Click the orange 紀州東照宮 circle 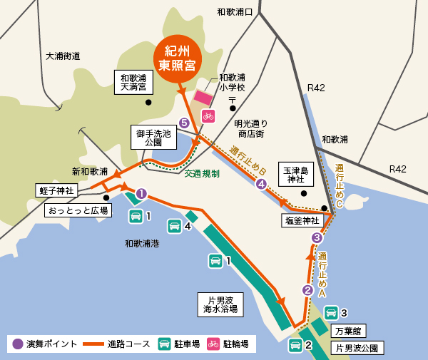click(x=178, y=60)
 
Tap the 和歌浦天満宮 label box click(x=133, y=83)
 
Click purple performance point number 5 click(x=185, y=123)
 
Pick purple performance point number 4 click(x=262, y=184)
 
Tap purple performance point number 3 click(x=317, y=238)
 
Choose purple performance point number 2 click(x=307, y=290)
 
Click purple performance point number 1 click(x=141, y=193)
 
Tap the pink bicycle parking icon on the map click(x=208, y=115)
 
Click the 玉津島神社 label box click(x=296, y=175)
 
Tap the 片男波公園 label click(x=359, y=348)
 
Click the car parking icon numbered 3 click(x=331, y=313)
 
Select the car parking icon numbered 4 click(x=174, y=227)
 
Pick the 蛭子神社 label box click(x=55, y=191)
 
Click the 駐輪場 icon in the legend click(x=213, y=344)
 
